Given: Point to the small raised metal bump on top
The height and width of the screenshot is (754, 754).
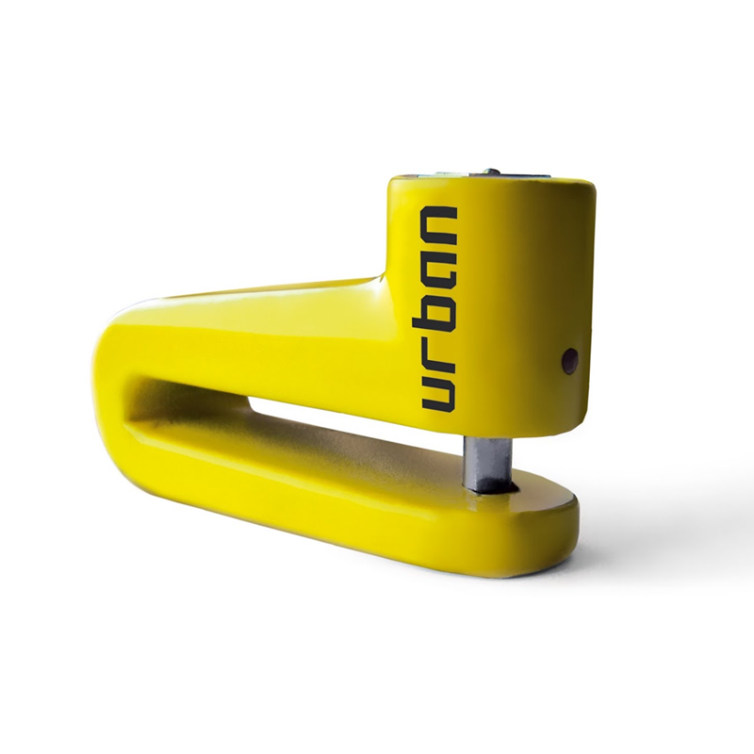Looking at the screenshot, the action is [492, 172].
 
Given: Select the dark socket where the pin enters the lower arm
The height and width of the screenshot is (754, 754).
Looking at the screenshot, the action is [510, 489].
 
